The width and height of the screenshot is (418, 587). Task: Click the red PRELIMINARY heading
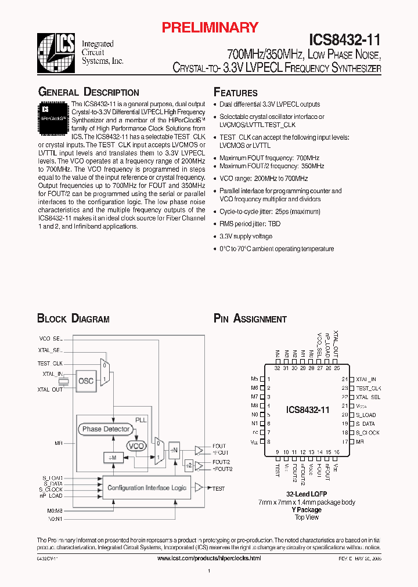[x=209, y=27]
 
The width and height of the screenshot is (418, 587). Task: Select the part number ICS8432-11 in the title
[x=344, y=40]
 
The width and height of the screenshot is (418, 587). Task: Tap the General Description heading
[x=88, y=92]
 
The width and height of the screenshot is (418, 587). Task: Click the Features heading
[x=236, y=92]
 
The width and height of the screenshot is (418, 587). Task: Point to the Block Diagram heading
[x=73, y=318]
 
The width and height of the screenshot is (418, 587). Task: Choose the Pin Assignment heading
[x=250, y=318]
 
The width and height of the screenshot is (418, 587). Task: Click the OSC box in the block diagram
[x=86, y=381]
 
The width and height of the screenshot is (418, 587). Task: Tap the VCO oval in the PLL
[x=136, y=445]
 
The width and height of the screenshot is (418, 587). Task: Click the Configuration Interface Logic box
[x=147, y=488]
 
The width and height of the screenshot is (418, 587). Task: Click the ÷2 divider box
[x=189, y=465]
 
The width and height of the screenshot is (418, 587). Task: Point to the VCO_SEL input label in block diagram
[x=50, y=338]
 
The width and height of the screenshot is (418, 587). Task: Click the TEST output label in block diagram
[x=218, y=488]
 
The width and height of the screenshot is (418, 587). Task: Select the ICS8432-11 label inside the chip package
[x=308, y=410]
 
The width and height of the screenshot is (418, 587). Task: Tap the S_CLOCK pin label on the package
[x=368, y=433]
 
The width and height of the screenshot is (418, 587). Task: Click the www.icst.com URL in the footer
[x=209, y=557]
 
